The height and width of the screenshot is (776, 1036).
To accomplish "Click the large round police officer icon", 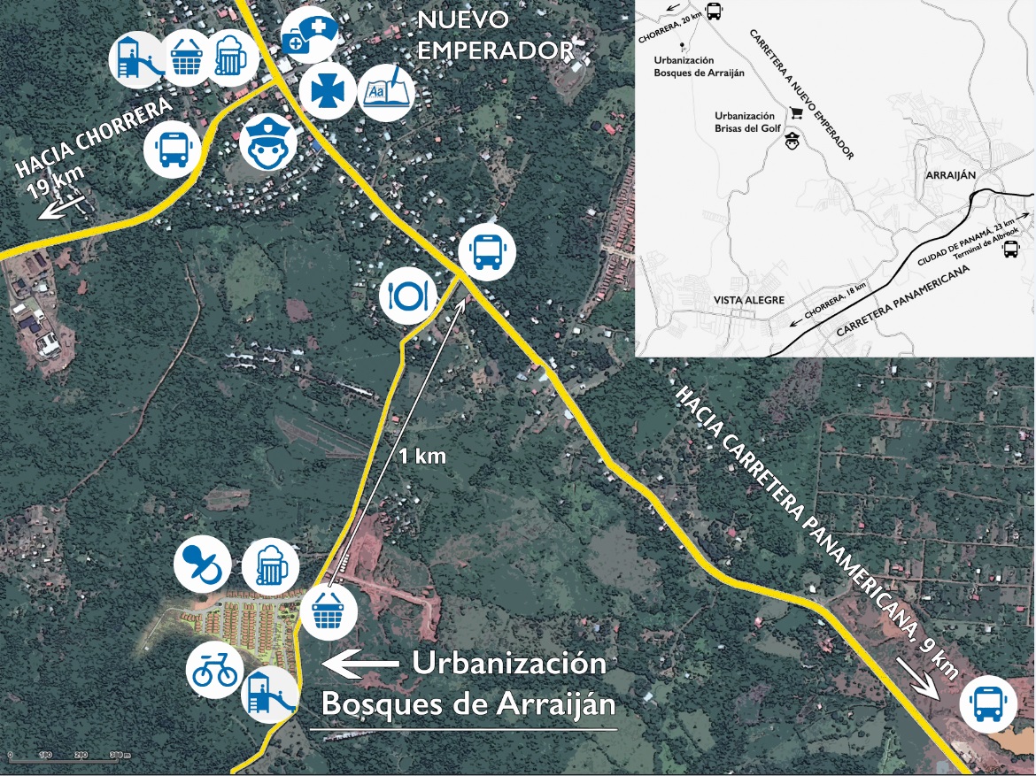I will tap(267, 142).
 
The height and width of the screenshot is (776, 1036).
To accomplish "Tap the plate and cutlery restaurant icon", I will tap(407, 295).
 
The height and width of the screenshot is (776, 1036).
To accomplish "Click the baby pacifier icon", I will tap(202, 565).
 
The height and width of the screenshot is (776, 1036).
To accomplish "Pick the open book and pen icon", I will tap(386, 88).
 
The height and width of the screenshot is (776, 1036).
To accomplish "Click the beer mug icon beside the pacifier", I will tap(269, 565).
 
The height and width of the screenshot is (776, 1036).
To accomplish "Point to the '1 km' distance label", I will tap(421, 457).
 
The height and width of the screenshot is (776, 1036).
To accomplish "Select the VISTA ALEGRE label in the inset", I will tap(749, 300).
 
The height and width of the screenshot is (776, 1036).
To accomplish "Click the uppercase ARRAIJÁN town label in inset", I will tap(949, 174).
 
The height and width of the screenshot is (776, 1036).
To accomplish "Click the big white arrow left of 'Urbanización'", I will tap(359, 662).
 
